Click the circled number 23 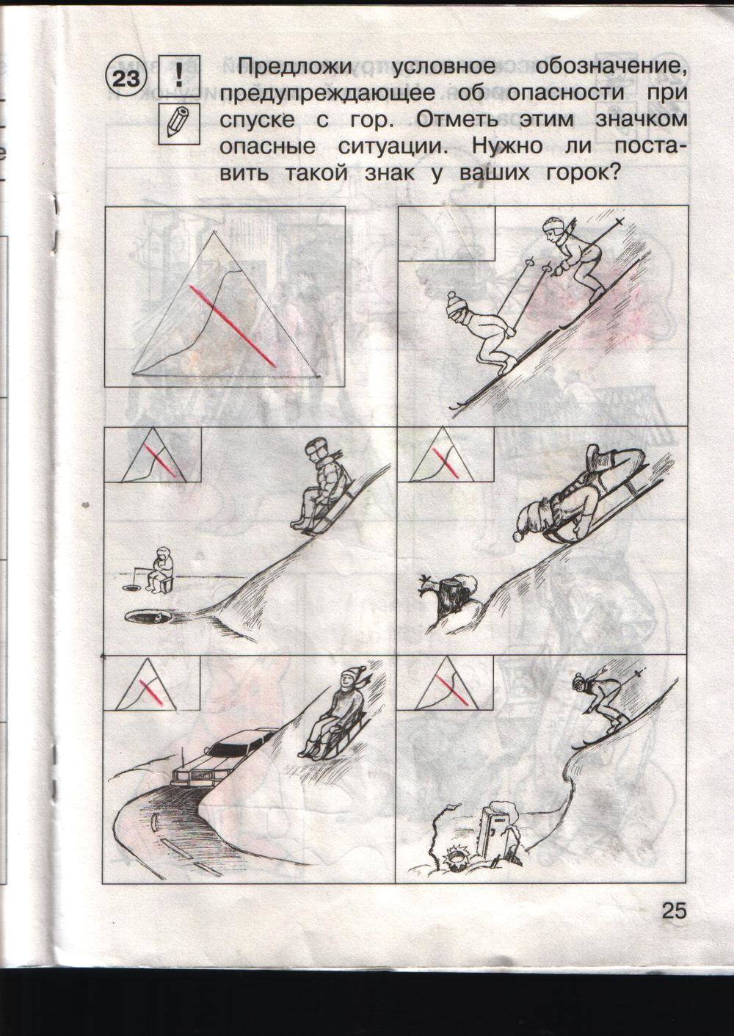click(x=126, y=78)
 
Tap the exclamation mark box click(x=179, y=76)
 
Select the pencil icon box click(x=179, y=123)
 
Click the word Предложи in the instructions click(x=294, y=67)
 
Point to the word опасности click(x=566, y=93)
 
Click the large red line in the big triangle click(x=233, y=325)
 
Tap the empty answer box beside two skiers click(x=446, y=233)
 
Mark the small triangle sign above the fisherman click(x=153, y=455)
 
